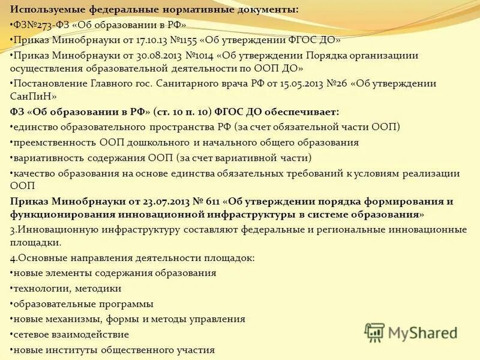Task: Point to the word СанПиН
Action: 34,96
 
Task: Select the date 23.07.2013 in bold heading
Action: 165,200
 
